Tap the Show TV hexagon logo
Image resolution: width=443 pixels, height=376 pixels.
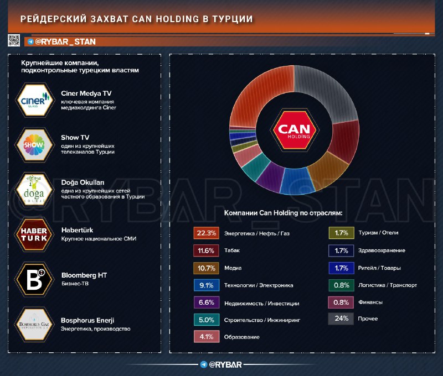tap(35, 144)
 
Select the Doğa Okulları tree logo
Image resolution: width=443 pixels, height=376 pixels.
tap(35, 189)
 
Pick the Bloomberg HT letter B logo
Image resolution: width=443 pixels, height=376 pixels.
tap(35, 278)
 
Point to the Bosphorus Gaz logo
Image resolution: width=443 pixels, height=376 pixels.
tap(35, 323)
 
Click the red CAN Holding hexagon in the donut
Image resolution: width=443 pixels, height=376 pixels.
tap(294, 129)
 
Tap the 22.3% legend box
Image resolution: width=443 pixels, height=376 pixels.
tap(205, 233)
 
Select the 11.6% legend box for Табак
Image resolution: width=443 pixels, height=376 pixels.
tap(205, 250)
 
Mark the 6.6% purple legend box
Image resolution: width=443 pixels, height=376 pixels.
tap(205, 302)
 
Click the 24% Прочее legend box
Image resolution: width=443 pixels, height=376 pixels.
tap(341, 319)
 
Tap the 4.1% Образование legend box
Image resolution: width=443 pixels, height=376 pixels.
tap(205, 336)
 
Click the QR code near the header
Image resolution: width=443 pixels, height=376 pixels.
tap(15, 40)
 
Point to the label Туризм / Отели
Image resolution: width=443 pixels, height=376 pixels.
tap(378, 233)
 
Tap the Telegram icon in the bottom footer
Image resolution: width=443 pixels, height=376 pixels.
tap(204, 364)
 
